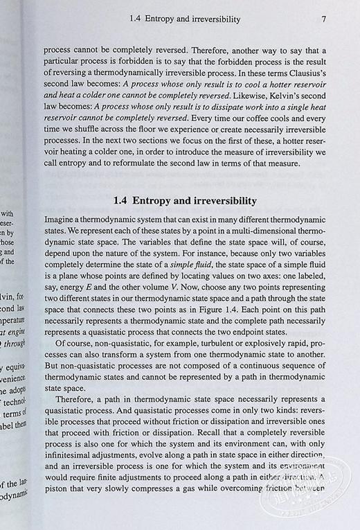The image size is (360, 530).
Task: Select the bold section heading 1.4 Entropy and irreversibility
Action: click(x=185, y=201)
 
